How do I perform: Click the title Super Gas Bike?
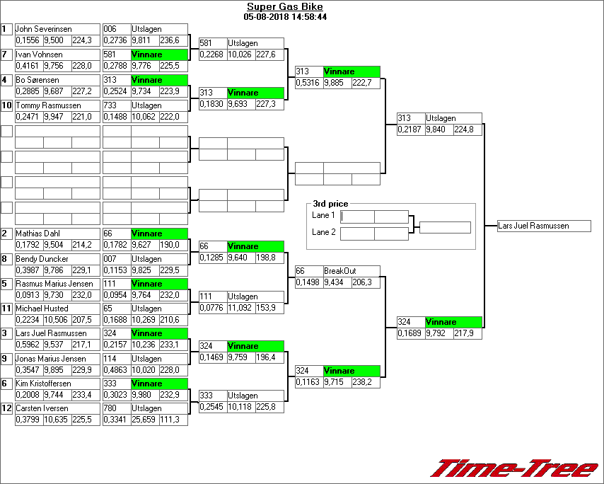click(284, 7)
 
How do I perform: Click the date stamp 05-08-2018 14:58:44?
click(284, 16)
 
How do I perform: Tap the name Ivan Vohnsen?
click(39, 54)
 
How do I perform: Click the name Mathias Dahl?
click(38, 234)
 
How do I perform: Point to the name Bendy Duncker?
click(42, 259)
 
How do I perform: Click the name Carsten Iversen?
click(42, 408)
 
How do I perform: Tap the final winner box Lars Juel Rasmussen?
click(543, 226)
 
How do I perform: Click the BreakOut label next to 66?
click(339, 271)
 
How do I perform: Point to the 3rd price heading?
click(330, 204)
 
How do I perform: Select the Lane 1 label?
click(323, 215)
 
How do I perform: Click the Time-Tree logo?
click(515, 468)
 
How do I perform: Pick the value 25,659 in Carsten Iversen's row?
click(144, 420)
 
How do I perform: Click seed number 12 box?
click(6, 408)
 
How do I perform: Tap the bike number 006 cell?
click(116, 29)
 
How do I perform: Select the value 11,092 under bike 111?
click(240, 308)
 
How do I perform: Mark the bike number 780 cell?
click(116, 408)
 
